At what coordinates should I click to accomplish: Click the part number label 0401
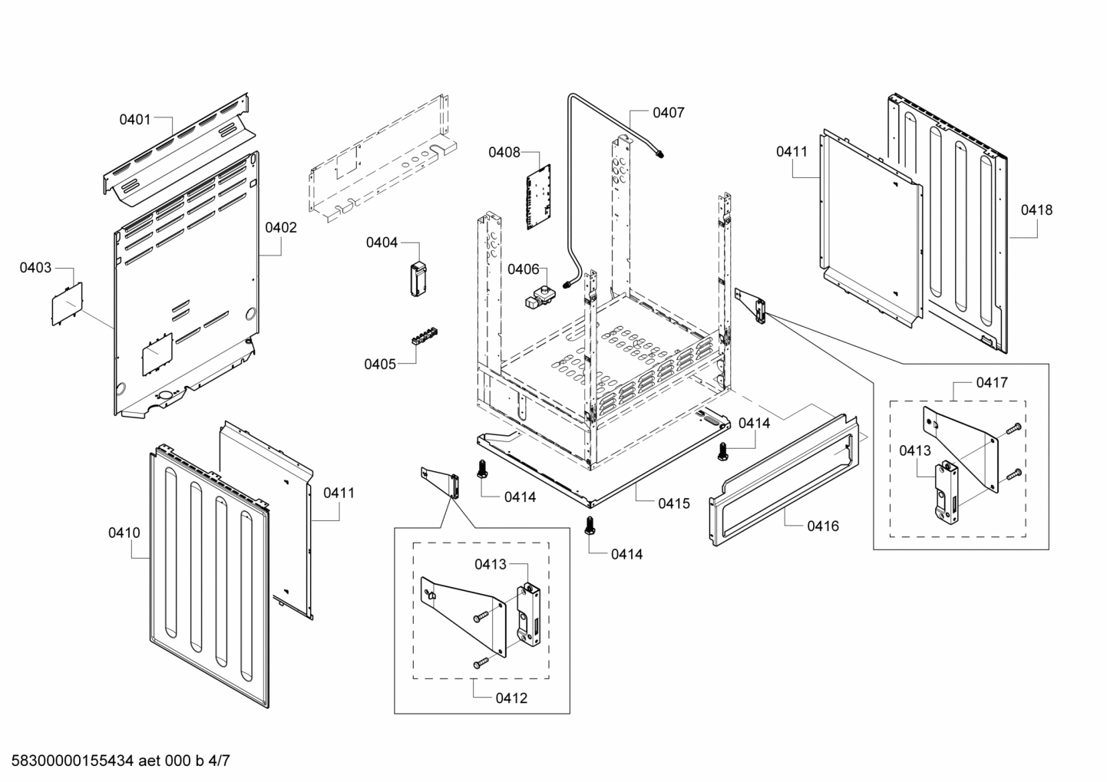click(x=134, y=119)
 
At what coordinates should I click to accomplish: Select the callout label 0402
click(x=281, y=227)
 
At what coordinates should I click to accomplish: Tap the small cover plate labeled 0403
click(x=67, y=304)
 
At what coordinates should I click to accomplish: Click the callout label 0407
click(x=668, y=113)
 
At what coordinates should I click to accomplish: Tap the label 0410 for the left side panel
click(x=124, y=532)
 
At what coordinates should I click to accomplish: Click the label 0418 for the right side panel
click(x=1036, y=210)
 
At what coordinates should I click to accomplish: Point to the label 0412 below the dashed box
click(x=511, y=698)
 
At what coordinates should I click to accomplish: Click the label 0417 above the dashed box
click(x=992, y=382)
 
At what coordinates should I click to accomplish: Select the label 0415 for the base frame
click(x=674, y=503)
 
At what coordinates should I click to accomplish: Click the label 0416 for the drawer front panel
click(x=822, y=526)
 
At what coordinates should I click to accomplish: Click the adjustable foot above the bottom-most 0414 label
click(x=590, y=526)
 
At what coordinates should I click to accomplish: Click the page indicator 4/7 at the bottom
click(x=219, y=761)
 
